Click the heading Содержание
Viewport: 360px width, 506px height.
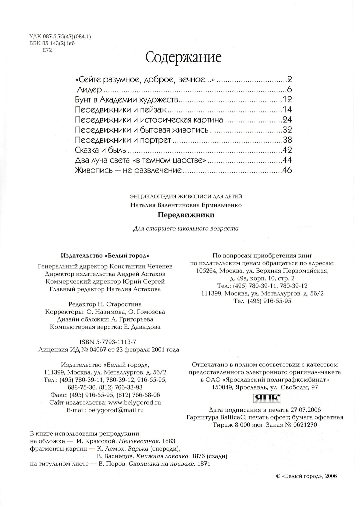pos(184,57)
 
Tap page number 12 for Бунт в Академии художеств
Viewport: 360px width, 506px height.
pos(287,100)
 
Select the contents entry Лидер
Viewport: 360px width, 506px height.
pos(89,90)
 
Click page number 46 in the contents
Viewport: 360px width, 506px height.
pos(287,170)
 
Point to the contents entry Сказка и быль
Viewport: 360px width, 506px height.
pos(100,150)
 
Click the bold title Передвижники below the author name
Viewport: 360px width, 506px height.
pos(186,215)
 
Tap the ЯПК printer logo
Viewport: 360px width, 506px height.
pos(267,398)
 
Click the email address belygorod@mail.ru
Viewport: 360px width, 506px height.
pos(116,410)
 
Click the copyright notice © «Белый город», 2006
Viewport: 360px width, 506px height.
pos(307,476)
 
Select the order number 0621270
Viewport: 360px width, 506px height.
pos(303,425)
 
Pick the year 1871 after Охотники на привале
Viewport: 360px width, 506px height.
pos(204,463)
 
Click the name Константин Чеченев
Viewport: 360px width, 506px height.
pos(146,266)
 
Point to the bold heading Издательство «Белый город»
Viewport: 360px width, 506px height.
pos(105,256)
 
